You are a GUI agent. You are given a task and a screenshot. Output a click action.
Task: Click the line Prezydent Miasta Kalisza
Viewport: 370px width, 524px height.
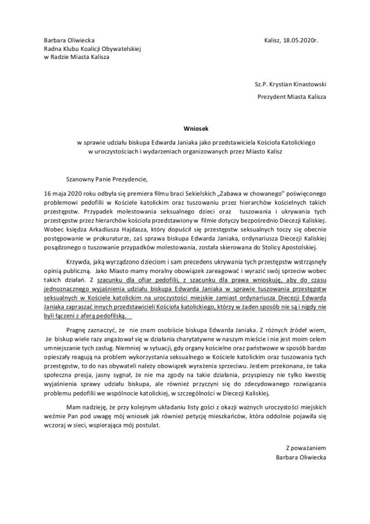click(291, 97)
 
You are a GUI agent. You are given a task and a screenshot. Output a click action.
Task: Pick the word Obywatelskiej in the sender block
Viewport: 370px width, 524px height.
click(121, 49)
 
